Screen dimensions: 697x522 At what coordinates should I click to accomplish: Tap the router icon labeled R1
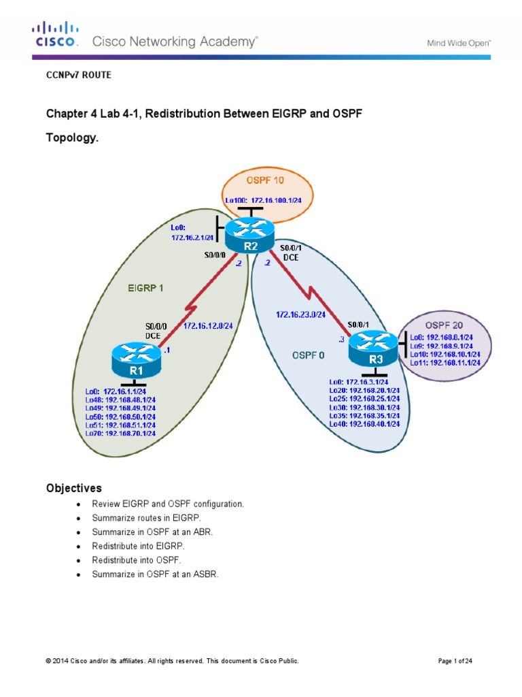pyautogui.click(x=137, y=359)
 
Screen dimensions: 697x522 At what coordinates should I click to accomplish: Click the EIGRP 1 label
pyautogui.click(x=146, y=288)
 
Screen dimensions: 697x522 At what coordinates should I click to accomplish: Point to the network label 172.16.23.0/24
pyautogui.click(x=300, y=314)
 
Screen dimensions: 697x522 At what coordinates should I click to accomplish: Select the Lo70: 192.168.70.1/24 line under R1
pyautogui.click(x=121, y=433)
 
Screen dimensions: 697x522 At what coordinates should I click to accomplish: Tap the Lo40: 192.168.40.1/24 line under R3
pyautogui.click(x=364, y=423)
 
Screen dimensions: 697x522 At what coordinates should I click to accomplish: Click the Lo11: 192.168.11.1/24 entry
pyautogui.click(x=445, y=363)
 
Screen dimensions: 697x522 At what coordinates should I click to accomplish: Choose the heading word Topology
pyautogui.click(x=72, y=137)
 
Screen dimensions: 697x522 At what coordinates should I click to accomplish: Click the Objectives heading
pyautogui.click(x=73, y=488)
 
